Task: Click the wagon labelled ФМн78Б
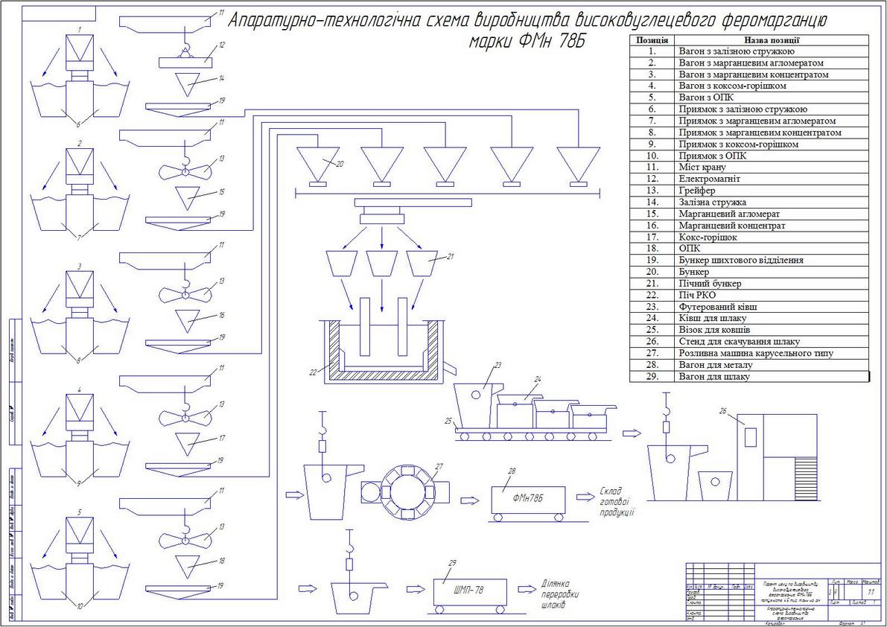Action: coord(527,499)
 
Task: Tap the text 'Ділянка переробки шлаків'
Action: coord(559,595)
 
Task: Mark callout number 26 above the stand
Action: coord(723,410)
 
